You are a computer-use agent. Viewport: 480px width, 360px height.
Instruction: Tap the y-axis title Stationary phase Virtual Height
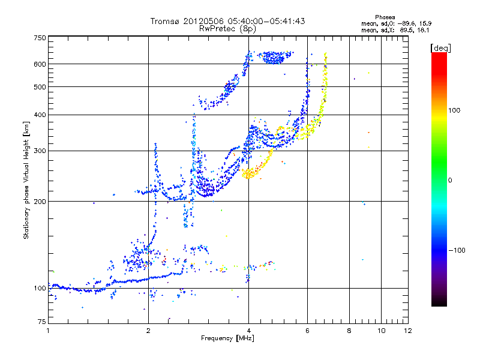click(26, 180)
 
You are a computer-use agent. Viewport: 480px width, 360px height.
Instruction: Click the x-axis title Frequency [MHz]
click(227, 339)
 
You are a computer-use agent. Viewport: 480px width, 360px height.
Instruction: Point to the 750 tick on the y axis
click(39, 38)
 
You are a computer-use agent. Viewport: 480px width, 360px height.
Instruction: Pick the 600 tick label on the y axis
click(39, 64)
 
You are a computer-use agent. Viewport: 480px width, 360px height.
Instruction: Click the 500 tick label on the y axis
click(39, 86)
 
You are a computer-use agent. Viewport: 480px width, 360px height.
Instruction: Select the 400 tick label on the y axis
click(39, 115)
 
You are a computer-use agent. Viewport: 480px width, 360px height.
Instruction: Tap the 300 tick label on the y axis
click(39, 151)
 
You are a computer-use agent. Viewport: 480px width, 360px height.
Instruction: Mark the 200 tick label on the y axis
click(39, 201)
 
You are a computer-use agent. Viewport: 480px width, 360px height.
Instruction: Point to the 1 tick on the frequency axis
click(48, 330)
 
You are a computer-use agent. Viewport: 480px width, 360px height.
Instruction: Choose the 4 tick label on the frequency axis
click(248, 330)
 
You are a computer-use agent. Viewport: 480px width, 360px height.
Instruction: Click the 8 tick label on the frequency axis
click(349, 330)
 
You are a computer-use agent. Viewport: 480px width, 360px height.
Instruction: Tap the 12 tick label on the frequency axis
click(407, 330)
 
